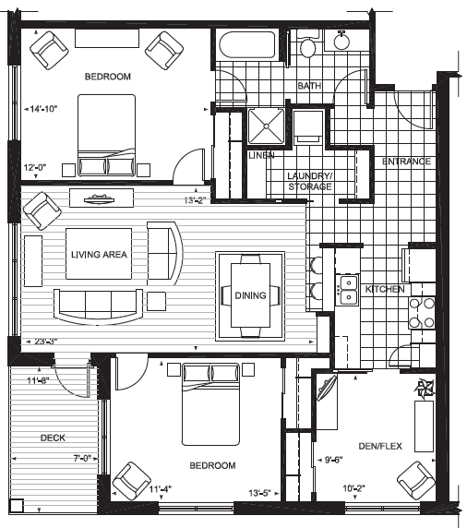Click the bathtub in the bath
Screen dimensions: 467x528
pos(247,45)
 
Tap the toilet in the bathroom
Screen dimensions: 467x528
pos(307,43)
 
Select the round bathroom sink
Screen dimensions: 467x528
pos(341,40)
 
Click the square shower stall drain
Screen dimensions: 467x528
pos(266,126)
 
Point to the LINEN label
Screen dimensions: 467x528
pos(261,155)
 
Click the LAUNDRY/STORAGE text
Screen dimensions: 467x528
pos(310,181)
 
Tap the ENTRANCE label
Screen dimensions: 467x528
pos(406,162)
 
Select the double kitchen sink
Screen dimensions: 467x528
pos(348,290)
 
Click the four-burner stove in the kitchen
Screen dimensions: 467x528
pos(422,313)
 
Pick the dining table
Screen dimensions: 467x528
pos(250,295)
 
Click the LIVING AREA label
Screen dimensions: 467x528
pos(99,254)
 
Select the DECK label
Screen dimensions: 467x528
pos(53,438)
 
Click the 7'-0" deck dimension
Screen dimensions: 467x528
pos(82,458)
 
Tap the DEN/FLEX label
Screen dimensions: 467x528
pos(380,446)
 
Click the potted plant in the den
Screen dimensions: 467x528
pos(425,388)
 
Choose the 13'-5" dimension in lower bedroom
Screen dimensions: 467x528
pos(260,493)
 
